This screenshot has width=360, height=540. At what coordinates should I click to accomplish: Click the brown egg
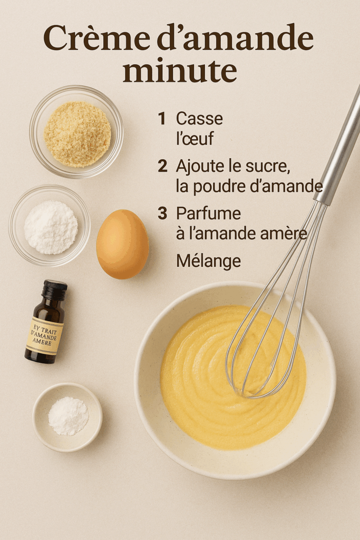pos(122,244)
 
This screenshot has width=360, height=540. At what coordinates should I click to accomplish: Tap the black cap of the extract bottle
pos(55,289)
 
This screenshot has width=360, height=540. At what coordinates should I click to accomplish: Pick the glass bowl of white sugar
pos(50,226)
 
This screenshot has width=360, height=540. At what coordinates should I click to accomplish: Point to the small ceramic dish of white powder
pos(68,417)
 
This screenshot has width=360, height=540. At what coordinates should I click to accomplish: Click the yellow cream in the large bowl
pos(211,380)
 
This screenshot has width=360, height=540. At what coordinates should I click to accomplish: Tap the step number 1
pos(162,119)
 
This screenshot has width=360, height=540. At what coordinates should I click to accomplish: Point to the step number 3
pos(162,214)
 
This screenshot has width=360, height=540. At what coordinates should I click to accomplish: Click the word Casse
pos(199,119)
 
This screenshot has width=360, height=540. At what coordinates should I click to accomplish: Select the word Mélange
pos(208,261)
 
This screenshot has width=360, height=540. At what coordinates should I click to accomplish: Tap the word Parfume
pos(208,214)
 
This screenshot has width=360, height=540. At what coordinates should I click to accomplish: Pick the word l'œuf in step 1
pos(195,139)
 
